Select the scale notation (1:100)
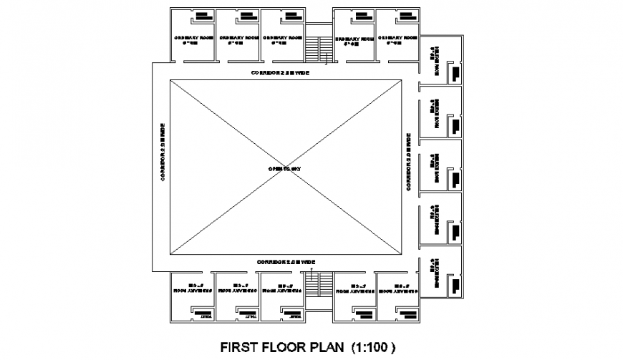[x=372, y=349]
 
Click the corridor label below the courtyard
[x=286, y=263]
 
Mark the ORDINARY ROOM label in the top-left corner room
[x=194, y=40]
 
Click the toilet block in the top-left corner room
[x=203, y=16]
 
